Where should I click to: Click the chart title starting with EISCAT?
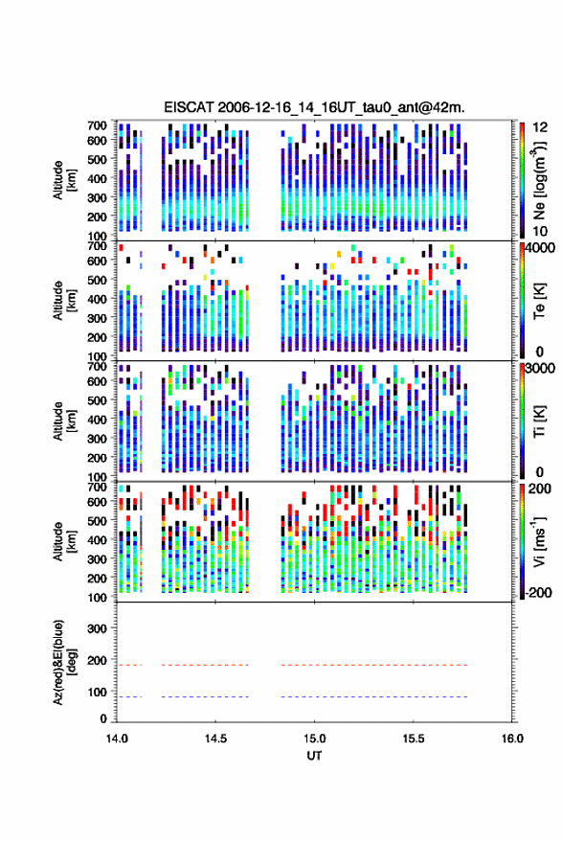314,107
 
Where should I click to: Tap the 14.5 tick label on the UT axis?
215,739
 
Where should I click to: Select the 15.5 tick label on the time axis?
413,739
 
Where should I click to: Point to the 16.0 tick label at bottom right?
511,739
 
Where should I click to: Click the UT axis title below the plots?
314,756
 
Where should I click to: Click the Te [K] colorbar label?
539,301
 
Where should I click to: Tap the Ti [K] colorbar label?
539,421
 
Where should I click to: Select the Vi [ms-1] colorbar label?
539,541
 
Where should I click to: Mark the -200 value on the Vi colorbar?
538,592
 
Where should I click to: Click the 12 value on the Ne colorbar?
540,127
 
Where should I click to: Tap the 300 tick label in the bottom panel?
97,628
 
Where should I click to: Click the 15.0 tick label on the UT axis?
314,739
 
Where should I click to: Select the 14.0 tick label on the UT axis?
117,739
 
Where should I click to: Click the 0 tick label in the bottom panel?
103,718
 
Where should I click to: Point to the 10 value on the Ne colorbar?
540,232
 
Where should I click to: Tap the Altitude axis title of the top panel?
63,181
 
